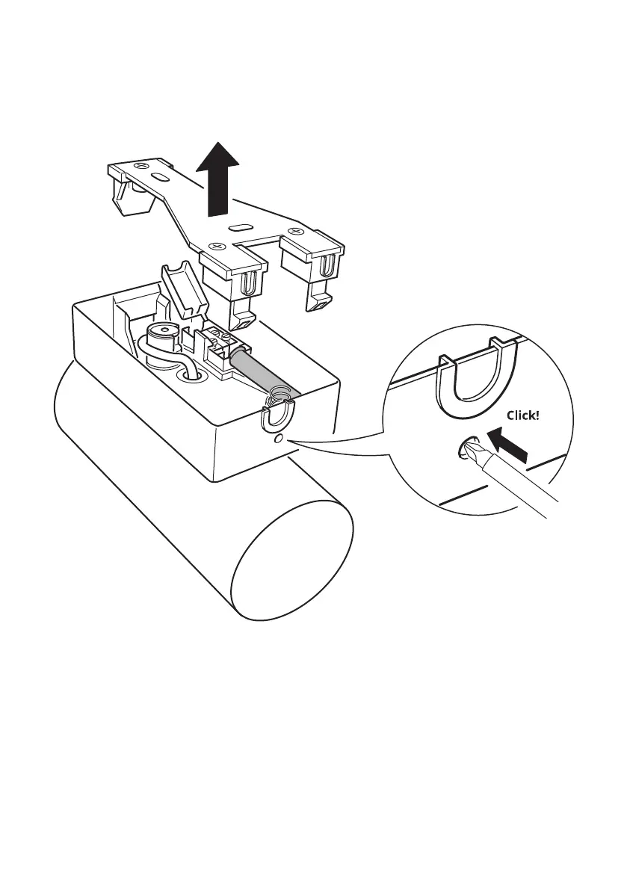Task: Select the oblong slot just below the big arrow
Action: (241, 225)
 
